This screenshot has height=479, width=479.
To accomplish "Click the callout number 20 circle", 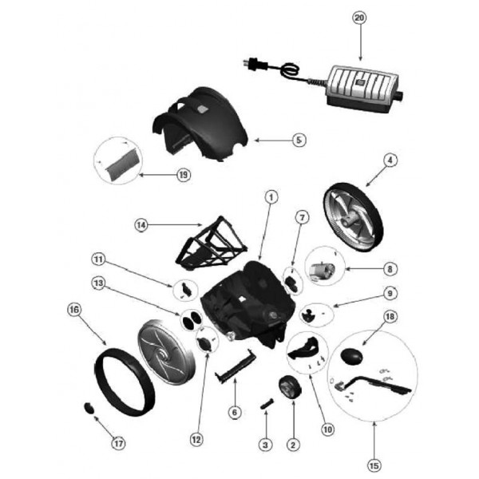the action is pos(359,18).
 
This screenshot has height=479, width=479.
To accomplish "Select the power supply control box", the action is pos(362,89).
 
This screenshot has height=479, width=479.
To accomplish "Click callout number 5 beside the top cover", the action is pos(299,141).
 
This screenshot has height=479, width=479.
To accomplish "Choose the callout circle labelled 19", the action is pos(184,175).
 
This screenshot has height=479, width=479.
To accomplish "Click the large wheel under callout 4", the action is pos(353,217).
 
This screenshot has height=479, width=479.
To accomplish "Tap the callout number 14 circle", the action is pos(141,225).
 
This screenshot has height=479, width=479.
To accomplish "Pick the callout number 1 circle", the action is pos(271,197).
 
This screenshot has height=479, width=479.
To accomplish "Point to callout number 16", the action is pos(74,310).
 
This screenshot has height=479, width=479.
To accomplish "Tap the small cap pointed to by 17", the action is pos(89,408).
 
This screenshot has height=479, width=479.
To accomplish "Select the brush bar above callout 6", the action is pos(236,365).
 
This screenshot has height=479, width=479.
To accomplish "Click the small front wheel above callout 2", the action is pos(290,387).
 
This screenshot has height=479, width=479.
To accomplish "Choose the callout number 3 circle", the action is pos(265,445).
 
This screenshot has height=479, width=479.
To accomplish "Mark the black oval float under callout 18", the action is pos(351,357).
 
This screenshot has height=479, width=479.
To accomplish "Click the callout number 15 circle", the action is pos(374,466).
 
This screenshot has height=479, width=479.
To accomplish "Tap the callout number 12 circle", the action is pos(196,440).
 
